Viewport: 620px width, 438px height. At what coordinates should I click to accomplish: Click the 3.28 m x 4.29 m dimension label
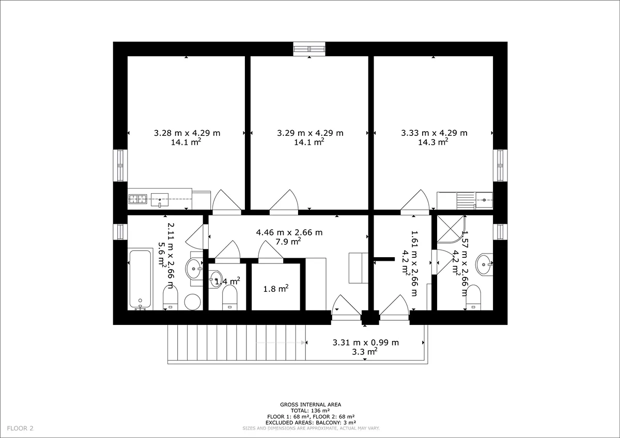point(187,133)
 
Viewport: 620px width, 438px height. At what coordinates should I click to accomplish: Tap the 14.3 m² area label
point(433,142)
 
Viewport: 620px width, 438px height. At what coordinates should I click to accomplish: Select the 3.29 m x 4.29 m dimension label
point(311,133)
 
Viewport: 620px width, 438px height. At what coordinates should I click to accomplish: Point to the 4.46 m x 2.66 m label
point(289,232)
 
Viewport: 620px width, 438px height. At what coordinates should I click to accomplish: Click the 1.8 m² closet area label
point(276,289)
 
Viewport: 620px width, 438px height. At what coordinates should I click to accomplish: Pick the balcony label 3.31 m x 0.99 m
point(366,342)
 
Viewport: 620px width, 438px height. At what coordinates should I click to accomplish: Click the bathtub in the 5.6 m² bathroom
point(141,279)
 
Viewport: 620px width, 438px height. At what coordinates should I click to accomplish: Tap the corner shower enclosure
point(451,229)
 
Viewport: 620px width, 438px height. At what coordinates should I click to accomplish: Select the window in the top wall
point(309,49)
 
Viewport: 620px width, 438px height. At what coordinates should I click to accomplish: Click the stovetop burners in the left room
point(138,199)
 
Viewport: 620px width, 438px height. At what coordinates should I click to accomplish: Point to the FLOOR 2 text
point(20,428)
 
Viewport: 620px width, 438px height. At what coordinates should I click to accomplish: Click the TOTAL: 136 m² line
point(310,411)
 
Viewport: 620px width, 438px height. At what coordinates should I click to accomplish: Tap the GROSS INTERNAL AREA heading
point(311,404)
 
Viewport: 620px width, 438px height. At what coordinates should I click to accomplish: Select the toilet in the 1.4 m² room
point(230,298)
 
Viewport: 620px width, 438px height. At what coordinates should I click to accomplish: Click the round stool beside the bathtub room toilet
point(193,302)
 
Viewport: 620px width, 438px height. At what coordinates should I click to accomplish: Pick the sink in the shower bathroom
point(484,264)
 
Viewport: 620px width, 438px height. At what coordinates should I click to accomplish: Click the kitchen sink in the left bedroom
point(160,200)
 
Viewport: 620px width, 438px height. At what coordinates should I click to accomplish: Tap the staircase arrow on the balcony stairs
point(280,342)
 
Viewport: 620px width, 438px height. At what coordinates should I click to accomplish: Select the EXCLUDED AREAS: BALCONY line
point(311,423)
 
